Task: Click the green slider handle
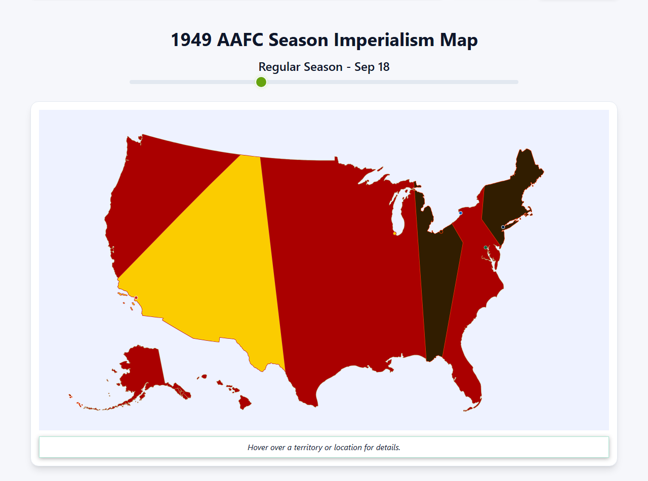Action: pos(261,82)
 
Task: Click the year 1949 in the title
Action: pos(191,40)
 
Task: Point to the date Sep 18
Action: pos(372,67)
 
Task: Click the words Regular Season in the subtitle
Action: pos(300,67)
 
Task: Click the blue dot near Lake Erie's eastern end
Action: pos(461,213)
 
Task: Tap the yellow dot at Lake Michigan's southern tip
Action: pos(395,233)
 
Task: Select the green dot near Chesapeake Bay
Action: pos(485,248)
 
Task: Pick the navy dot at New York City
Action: pos(503,227)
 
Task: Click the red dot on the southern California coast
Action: pos(136,298)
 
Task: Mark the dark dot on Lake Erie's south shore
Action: pos(441,231)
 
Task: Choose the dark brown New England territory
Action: pos(511,187)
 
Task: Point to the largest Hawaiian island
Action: pos(245,403)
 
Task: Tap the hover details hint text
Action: pos(324,448)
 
